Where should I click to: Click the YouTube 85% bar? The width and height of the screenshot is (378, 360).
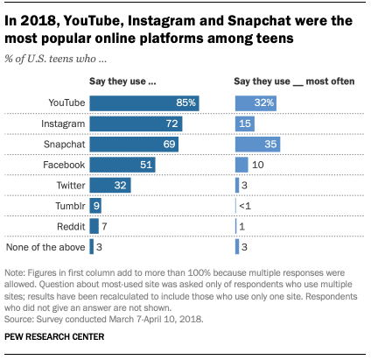[144, 103]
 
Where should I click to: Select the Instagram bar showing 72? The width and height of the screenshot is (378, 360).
[136, 124]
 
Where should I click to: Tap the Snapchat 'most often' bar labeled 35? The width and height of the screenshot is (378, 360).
[257, 145]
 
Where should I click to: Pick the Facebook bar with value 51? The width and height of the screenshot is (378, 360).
[122, 165]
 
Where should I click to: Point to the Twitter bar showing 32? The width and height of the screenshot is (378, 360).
[110, 186]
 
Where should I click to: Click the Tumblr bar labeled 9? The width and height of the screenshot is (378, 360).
[95, 206]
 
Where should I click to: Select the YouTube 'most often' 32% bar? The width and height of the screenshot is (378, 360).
[255, 103]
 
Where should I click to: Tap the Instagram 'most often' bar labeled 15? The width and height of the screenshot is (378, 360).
[245, 124]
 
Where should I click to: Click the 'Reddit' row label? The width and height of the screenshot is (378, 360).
[71, 227]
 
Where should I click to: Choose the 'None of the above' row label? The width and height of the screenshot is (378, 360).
[45, 247]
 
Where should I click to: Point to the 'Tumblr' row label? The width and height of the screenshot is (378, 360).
[70, 206]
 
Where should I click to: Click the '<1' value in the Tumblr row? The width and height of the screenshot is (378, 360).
[245, 206]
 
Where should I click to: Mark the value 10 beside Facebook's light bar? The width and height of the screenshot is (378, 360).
[258, 165]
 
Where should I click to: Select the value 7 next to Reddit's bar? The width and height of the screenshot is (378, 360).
[104, 227]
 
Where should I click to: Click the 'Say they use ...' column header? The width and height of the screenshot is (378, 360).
[122, 81]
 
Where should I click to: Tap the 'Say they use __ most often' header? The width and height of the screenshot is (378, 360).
[294, 81]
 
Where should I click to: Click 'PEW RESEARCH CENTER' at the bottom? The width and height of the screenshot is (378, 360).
[54, 336]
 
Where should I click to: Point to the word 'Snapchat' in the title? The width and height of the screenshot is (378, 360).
[259, 21]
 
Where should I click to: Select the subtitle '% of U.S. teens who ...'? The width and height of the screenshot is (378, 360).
[55, 59]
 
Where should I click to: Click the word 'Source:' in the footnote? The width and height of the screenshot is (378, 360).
[19, 319]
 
